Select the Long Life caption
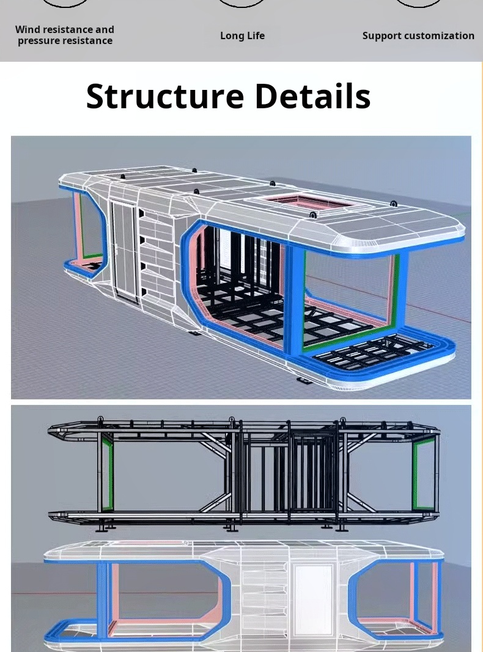[242, 35]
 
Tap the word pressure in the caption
[37, 41]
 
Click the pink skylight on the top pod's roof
[308, 202]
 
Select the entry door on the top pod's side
[125, 250]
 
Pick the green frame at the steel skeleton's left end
[108, 472]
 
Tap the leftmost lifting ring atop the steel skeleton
[100, 420]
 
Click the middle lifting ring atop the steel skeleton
[232, 420]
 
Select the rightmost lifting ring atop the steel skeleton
[342, 421]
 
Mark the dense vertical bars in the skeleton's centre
[312, 472]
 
